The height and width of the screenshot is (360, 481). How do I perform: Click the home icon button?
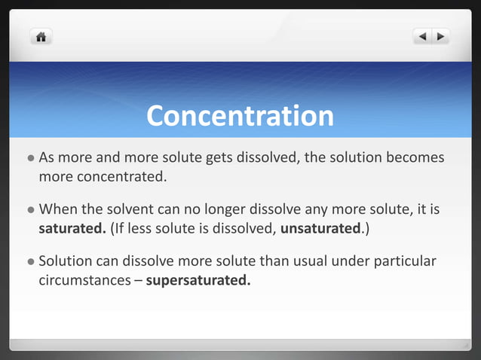point(41,35)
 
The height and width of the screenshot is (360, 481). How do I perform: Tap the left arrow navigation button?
point(422,35)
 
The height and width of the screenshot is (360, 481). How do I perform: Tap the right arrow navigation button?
point(440,35)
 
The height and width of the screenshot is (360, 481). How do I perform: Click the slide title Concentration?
point(240,116)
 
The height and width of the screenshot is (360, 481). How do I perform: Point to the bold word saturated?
point(72,228)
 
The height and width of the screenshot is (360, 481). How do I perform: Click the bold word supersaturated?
point(198,282)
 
